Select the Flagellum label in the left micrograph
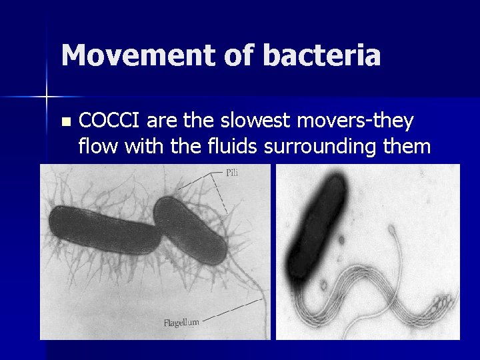click(181, 323)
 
